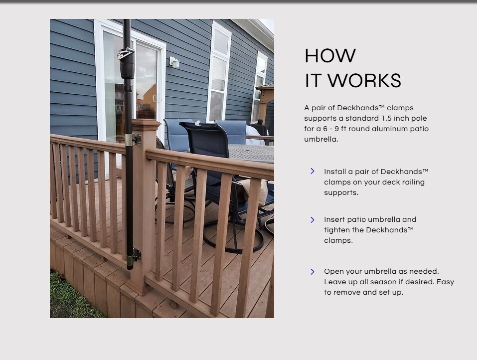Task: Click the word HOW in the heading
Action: (330, 56)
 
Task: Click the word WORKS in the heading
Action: (364, 81)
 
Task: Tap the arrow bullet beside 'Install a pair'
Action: (313, 171)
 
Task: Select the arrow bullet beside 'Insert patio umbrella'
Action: (313, 220)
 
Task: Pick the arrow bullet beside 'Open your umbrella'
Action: (313, 271)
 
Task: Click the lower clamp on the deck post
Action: (134, 255)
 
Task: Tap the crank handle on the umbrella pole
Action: (125, 54)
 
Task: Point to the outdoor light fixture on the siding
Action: (174, 62)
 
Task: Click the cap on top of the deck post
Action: (146, 125)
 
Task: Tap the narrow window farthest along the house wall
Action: (260, 87)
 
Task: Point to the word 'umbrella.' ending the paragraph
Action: (321, 139)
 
